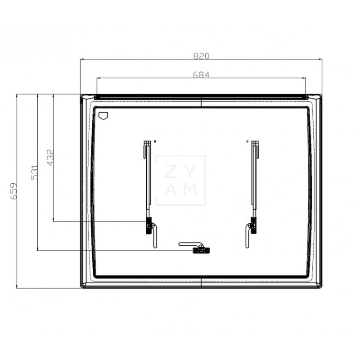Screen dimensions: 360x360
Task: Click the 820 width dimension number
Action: point(202,56)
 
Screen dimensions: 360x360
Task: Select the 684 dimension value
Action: point(202,75)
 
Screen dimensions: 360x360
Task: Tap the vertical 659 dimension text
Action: point(14,191)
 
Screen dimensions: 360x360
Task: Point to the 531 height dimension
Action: point(35,172)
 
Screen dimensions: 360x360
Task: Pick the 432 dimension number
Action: point(50,157)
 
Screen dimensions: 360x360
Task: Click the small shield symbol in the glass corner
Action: point(103,115)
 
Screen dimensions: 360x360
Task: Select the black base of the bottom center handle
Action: point(198,250)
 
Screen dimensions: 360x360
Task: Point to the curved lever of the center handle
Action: point(187,244)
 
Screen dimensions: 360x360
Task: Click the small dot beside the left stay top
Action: point(155,141)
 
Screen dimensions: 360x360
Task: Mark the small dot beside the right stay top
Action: point(247,141)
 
